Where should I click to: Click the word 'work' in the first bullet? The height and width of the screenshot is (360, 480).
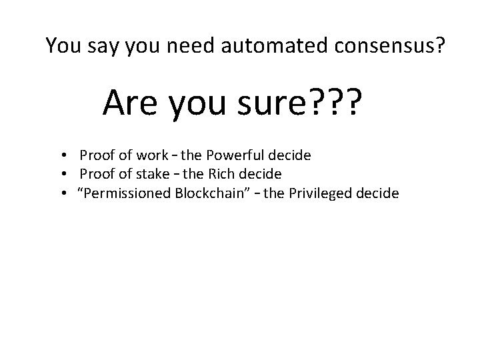click(x=153, y=155)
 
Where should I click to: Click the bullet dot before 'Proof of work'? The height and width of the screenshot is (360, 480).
click(x=61, y=156)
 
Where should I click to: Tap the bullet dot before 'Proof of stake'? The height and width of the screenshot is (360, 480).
click(x=61, y=175)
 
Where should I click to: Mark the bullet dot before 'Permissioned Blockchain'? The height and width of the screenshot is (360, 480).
click(x=61, y=194)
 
